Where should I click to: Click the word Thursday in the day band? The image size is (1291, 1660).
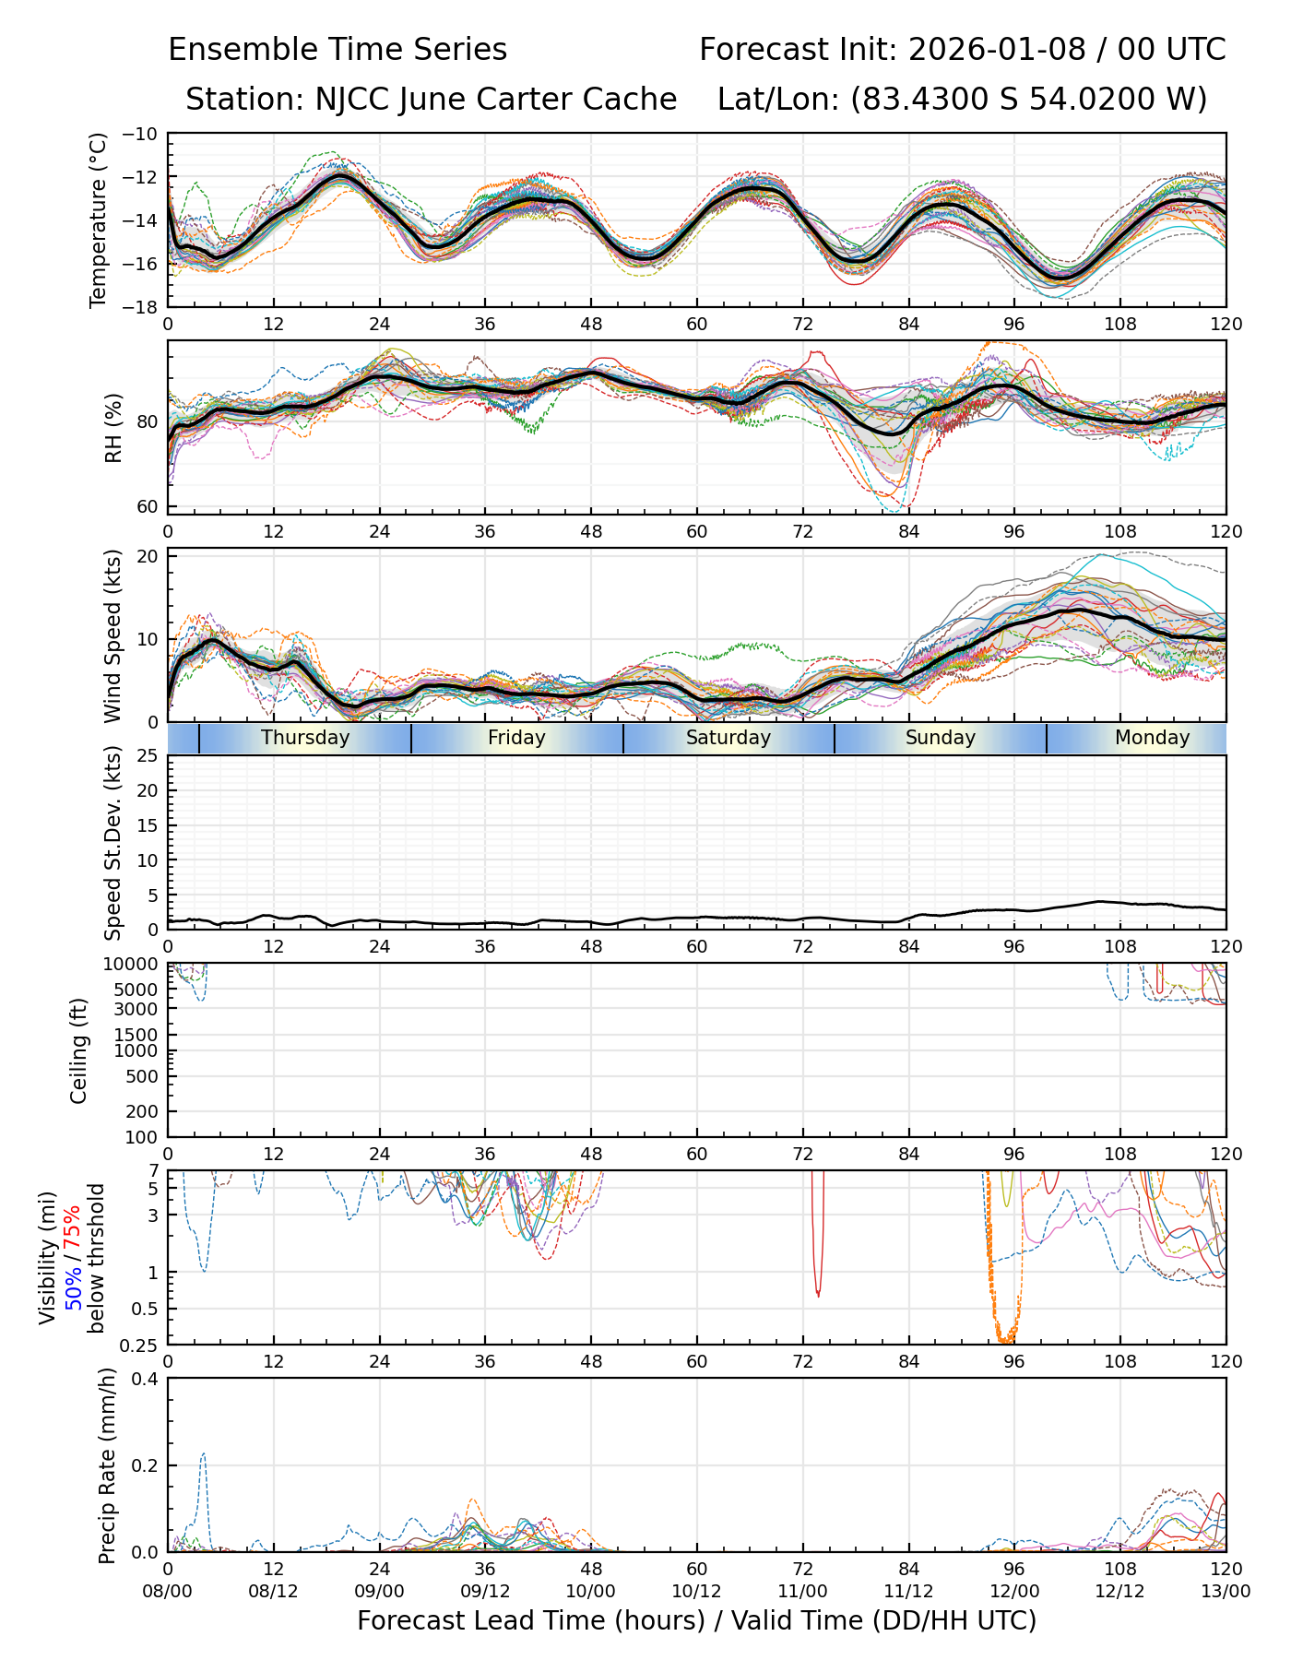[x=305, y=738]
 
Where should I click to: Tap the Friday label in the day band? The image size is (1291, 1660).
[x=516, y=738]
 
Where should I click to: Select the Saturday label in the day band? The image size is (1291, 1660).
[x=728, y=738]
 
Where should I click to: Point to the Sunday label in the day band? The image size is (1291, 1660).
[x=940, y=738]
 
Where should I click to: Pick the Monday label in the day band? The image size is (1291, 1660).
[x=1152, y=738]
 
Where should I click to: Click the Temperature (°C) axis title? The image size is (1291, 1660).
[x=99, y=219]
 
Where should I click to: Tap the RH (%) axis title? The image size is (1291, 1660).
[x=113, y=427]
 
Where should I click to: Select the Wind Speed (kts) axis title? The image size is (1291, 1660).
[x=113, y=635]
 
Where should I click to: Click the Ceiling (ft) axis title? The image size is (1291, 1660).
[x=79, y=1050]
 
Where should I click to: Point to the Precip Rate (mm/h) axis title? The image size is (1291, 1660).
[x=108, y=1464]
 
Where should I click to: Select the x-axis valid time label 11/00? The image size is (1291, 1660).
[x=802, y=1591]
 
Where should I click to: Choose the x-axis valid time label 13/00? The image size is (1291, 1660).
[x=1226, y=1591]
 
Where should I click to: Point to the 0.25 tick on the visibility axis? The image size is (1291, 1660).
[x=140, y=1345]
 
